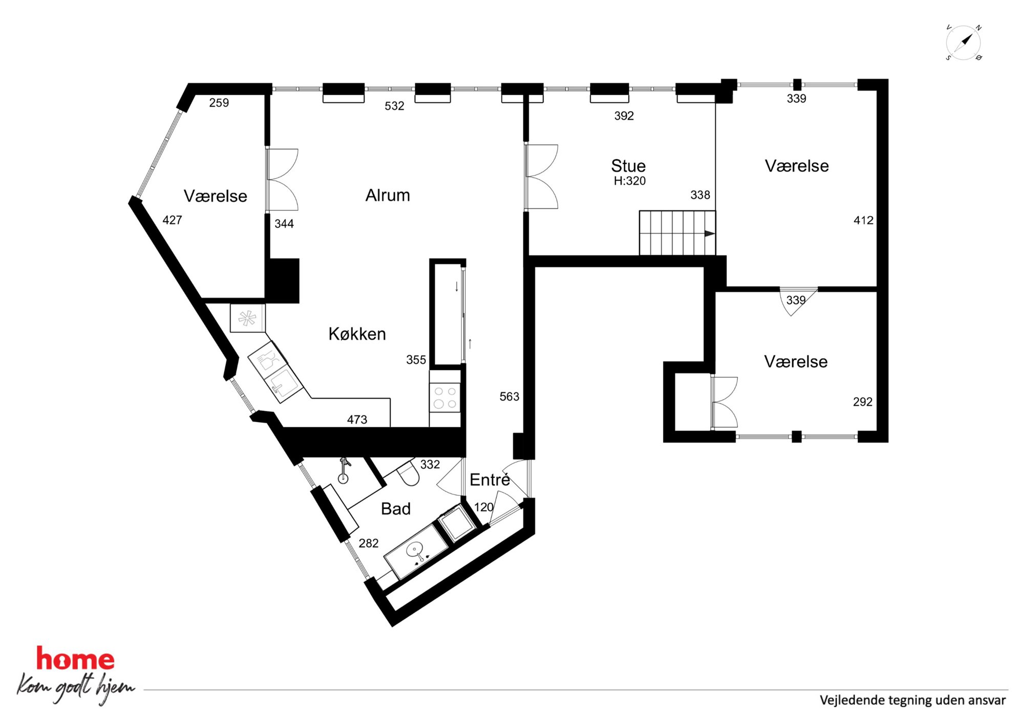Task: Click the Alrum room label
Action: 388,195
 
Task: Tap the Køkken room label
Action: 357,334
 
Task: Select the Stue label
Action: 628,166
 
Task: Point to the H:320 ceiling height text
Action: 629,181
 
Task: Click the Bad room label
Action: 396,509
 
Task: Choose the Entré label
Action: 490,480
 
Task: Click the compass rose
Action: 963,42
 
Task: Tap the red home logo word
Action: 75,659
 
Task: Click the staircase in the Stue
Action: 677,233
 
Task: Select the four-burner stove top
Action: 445,398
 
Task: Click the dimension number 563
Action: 509,397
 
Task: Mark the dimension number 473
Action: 357,420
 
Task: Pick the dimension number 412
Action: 863,221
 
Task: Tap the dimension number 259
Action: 219,103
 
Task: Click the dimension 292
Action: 862,402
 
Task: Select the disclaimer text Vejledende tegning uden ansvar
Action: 913,700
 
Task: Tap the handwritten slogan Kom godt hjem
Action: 76,688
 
